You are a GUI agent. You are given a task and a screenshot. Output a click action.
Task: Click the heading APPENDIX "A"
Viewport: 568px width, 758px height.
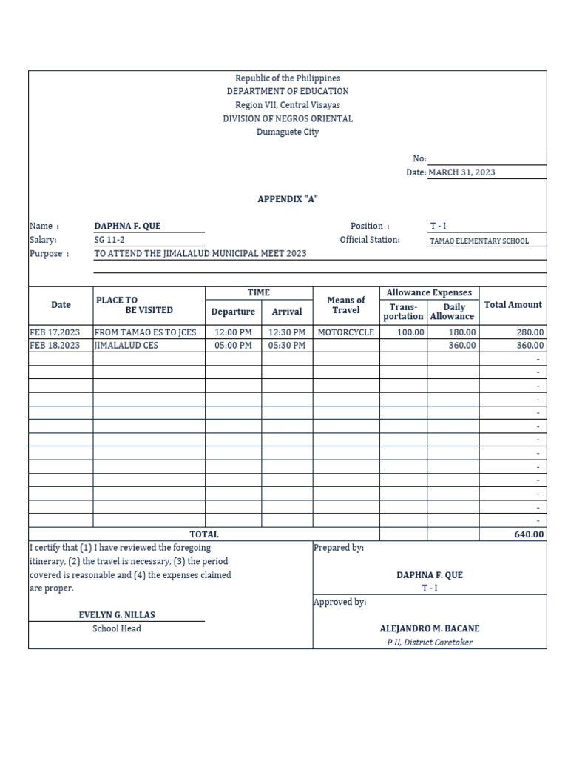coord(288,199)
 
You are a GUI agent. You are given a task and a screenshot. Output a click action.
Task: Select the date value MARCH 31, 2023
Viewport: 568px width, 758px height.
coord(461,172)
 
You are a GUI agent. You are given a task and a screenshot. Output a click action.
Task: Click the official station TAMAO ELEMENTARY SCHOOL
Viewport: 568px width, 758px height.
coord(479,241)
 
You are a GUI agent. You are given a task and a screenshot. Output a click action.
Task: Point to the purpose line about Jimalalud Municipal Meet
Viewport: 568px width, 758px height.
coord(200,253)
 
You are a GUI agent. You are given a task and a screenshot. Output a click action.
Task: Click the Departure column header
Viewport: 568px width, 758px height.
coord(233,312)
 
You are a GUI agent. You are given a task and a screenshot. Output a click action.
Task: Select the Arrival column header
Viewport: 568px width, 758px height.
coord(287,312)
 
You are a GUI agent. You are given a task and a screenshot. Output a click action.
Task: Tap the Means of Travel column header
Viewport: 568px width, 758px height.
coord(345,305)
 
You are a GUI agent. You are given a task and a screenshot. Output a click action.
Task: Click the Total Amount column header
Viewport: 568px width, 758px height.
coord(513,304)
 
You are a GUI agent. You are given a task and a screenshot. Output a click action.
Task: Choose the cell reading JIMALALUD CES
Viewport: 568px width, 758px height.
coord(126,346)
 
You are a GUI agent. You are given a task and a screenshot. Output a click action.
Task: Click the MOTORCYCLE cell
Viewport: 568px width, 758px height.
coord(345,332)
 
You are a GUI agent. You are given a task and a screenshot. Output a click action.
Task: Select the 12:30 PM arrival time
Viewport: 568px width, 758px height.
coord(287,332)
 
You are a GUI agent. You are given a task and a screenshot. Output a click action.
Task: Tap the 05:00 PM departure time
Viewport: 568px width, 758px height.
coord(233,346)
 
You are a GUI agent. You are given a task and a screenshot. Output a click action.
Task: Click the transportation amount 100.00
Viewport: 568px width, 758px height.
coord(410,332)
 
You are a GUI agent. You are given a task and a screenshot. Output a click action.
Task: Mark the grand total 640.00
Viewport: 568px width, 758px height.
coord(529,534)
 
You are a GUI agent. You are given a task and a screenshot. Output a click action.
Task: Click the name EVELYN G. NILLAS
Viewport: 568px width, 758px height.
coord(117,614)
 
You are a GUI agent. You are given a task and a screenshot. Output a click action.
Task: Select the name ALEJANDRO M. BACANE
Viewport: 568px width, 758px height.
coord(430,628)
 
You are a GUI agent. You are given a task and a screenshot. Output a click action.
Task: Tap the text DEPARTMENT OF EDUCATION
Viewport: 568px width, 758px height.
coord(288,91)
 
